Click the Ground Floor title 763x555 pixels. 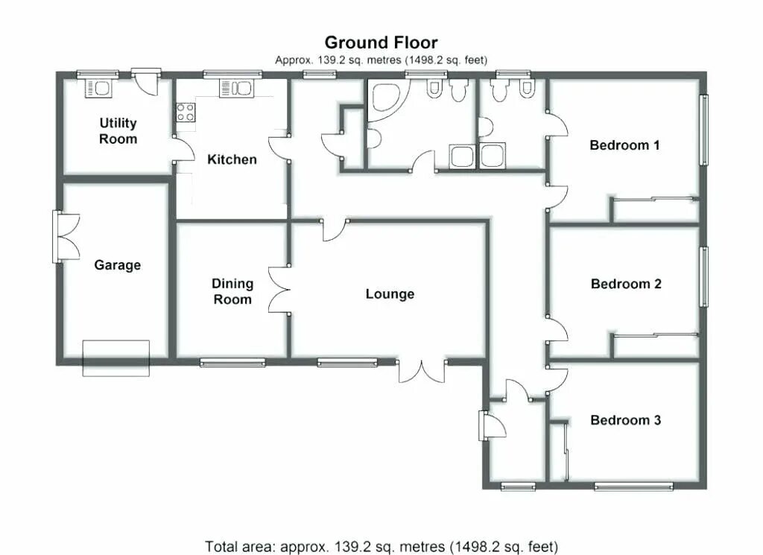click(381, 42)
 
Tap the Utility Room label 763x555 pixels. click(118, 131)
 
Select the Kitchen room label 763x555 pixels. click(232, 159)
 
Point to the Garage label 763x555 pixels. click(117, 265)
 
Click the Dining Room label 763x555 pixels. click(232, 291)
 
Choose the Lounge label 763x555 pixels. click(390, 294)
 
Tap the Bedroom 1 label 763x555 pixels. click(624, 145)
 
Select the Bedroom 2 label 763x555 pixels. click(626, 284)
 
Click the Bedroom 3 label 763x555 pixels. click(625, 419)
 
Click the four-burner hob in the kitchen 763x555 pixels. click(186, 112)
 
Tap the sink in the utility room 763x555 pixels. click(99, 88)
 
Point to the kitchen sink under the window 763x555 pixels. click(236, 89)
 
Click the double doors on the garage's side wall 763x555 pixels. click(66, 236)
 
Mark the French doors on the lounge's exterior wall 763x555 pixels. click(422, 372)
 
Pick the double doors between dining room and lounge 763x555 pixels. click(279, 290)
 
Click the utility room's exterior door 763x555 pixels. click(145, 82)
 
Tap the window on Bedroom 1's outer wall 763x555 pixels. click(703, 130)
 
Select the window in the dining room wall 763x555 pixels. click(232, 362)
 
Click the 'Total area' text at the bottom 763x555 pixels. click(381, 547)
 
